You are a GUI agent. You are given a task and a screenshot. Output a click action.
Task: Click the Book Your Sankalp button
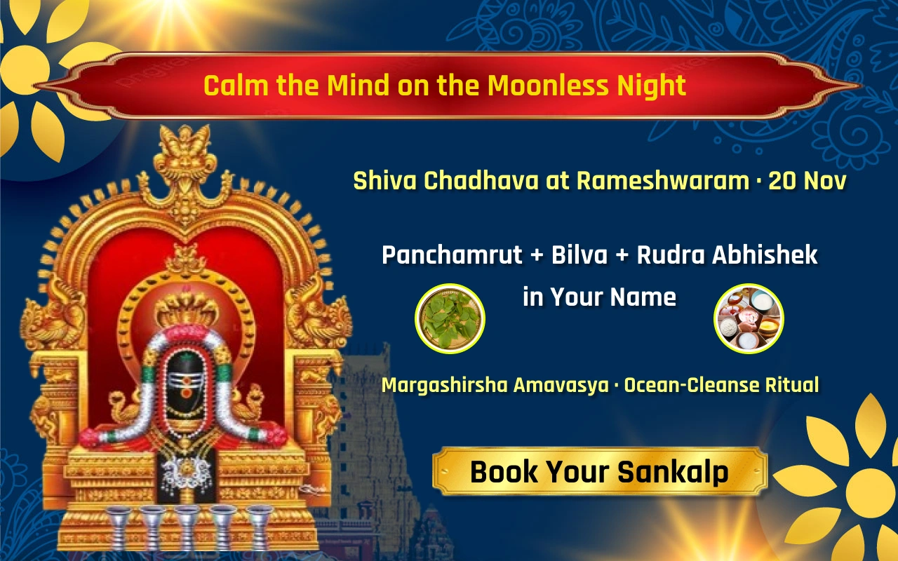(x=599, y=472)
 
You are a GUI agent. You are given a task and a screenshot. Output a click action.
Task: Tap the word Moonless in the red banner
(x=549, y=86)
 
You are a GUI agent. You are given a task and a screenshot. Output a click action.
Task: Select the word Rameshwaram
(x=663, y=181)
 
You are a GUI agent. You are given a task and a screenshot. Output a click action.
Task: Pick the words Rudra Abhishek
(x=727, y=255)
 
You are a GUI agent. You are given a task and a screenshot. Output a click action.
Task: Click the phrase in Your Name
(x=599, y=297)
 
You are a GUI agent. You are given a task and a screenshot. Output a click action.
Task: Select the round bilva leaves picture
(x=450, y=318)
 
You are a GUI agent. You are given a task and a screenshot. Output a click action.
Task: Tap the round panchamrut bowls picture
(x=749, y=319)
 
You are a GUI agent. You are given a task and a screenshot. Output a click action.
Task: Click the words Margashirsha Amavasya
(x=495, y=385)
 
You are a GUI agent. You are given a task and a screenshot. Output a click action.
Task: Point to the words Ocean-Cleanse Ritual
(x=721, y=385)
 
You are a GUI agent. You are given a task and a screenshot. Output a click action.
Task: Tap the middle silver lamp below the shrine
(x=186, y=526)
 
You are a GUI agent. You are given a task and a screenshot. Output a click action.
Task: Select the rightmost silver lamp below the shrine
(x=260, y=526)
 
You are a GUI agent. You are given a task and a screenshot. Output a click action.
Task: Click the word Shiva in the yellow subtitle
(x=385, y=181)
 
